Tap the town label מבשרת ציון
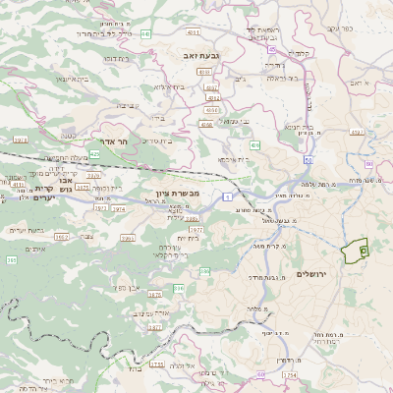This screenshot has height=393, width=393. click(177, 194)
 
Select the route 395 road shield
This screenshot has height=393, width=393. click(11, 259)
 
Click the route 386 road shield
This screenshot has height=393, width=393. click(179, 288)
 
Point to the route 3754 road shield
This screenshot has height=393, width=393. click(290, 374)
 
